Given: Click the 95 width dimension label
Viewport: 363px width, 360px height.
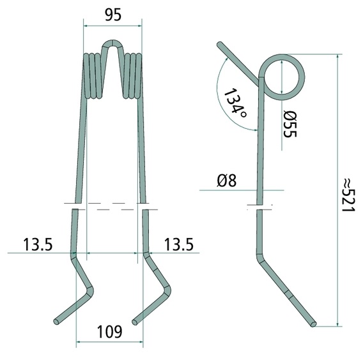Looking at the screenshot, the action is point(113,15).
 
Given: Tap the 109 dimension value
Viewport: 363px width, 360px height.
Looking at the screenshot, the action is point(109,332).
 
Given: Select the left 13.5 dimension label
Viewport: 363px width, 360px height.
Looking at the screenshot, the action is point(38,244).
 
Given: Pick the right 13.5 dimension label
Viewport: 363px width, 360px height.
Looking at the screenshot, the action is point(178,244).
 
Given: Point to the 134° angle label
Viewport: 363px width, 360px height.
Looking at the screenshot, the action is point(235,103).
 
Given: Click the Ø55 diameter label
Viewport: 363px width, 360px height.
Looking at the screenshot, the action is point(290,124).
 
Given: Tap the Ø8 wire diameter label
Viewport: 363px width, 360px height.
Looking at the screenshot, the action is point(227,181).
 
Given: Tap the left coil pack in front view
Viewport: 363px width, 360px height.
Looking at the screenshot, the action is point(93,76).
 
